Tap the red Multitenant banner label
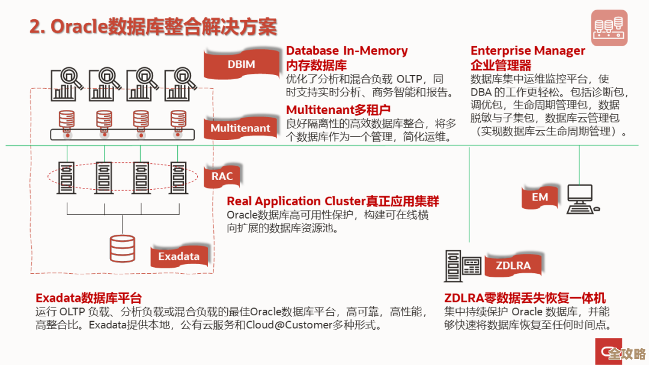[240, 128]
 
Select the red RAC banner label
[222, 176]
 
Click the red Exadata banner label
[178, 256]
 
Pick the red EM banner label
[540, 197]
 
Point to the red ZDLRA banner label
[513, 265]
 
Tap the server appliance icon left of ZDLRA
[463, 265]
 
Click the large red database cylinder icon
[123, 248]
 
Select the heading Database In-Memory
[347, 51]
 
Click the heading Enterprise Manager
[528, 51]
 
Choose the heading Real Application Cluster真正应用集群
[332, 201]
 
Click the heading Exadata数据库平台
[89, 298]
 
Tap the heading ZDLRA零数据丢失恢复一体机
[525, 298]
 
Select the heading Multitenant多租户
[338, 110]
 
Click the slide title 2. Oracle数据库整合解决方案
[153, 27]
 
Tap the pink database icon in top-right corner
[609, 28]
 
